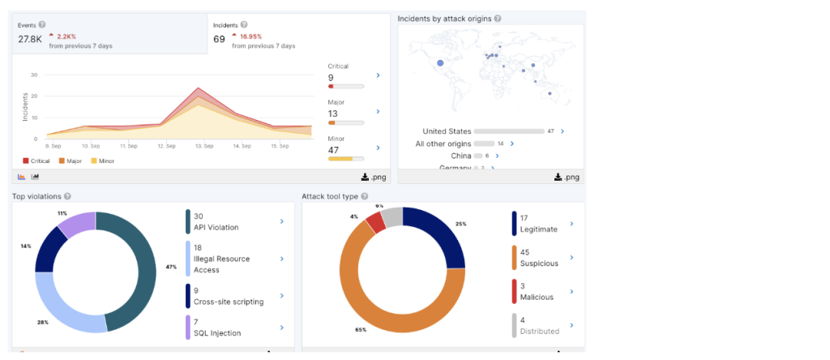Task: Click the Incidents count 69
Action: (x=219, y=39)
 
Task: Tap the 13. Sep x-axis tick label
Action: (x=204, y=146)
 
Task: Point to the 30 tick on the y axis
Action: (x=34, y=75)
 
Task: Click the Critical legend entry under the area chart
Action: (x=36, y=161)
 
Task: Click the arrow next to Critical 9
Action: (x=378, y=75)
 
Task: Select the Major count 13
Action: (x=333, y=114)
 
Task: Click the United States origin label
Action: (x=447, y=131)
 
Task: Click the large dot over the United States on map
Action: (x=440, y=62)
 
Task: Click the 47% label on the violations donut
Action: (x=171, y=266)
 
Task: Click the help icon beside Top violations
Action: (x=67, y=196)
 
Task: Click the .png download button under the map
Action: (x=567, y=177)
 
